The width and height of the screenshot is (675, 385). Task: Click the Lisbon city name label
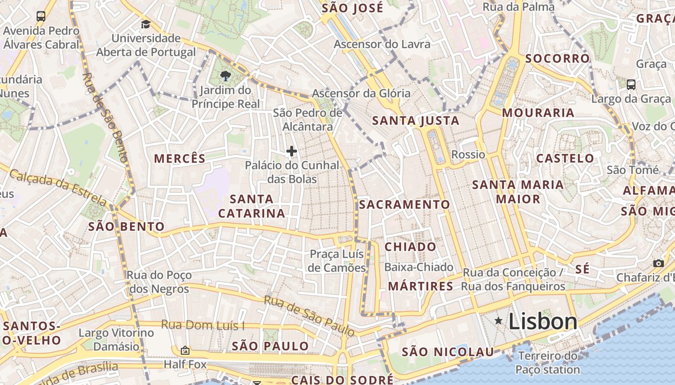pos(542,321)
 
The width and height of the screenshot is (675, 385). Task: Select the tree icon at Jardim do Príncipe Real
pos(225,76)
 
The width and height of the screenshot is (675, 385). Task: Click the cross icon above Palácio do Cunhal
pos(291,151)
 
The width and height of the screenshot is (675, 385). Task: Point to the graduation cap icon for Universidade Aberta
pos(146,24)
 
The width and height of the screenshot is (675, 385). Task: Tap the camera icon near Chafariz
pos(659,263)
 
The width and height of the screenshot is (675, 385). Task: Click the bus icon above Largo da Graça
pos(631,85)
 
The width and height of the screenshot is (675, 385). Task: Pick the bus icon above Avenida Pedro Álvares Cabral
pos(41,16)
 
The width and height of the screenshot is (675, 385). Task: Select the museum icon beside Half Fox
pos(185,350)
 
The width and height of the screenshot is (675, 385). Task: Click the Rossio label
pos(468,154)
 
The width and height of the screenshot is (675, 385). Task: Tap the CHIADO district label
pos(410,247)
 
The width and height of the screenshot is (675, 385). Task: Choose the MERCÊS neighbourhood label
pos(180,158)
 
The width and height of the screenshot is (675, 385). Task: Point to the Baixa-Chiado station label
pos(419,267)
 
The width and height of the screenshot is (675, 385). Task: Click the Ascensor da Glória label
pos(361,93)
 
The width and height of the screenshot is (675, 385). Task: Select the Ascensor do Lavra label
pos(382,44)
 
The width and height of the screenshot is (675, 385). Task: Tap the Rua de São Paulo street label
pos(309,315)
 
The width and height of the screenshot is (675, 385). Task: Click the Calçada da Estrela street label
pos(58,187)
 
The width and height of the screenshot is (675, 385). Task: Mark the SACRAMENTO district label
pos(405,205)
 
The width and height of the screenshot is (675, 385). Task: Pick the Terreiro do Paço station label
pos(547,363)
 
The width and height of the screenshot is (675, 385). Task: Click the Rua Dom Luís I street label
pos(202,325)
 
